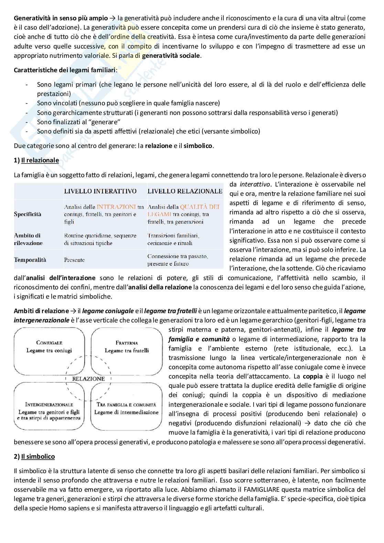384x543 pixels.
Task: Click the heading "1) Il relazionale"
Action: coord(36,160)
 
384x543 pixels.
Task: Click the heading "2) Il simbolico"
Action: coord(34,457)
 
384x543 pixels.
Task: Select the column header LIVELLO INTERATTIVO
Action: coord(100,191)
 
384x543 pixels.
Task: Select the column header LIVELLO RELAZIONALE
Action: coord(185,191)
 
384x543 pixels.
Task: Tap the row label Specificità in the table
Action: coord(28,214)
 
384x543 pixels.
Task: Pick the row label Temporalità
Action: coord(30,260)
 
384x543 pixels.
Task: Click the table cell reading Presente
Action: coord(74,260)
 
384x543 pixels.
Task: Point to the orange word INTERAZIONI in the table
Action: coord(116,207)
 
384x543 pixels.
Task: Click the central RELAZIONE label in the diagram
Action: coord(88,379)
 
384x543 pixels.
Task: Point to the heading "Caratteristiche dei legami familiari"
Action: coord(65,70)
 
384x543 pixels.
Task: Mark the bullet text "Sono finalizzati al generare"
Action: coord(79,122)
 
